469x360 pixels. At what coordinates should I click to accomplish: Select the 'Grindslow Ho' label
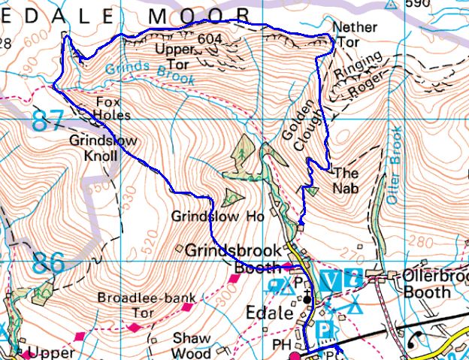click(x=218, y=216)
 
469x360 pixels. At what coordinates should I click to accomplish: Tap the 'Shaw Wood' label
click(x=192, y=345)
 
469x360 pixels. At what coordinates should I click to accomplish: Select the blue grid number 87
click(x=48, y=121)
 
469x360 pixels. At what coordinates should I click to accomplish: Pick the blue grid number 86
click(x=48, y=264)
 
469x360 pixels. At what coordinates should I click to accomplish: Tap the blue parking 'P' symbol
click(x=325, y=329)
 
